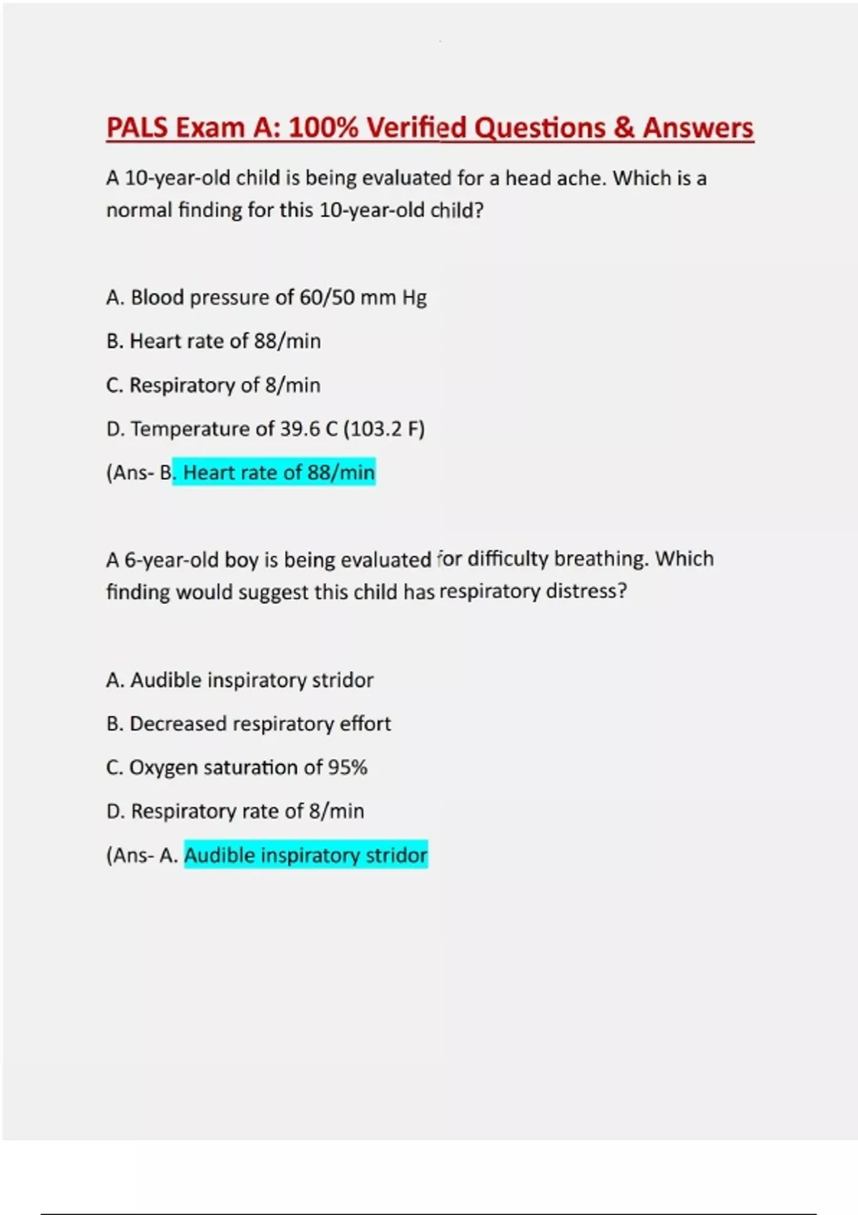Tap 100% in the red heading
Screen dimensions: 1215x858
pyautogui.click(x=320, y=128)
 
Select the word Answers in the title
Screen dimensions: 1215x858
pyautogui.click(x=698, y=128)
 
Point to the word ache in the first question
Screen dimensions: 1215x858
pyautogui.click(x=581, y=178)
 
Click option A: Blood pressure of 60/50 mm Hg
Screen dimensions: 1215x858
pyautogui.click(x=266, y=297)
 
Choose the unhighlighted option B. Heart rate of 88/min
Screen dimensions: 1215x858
pyautogui.click(x=213, y=341)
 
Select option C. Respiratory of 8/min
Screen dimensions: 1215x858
pyautogui.click(x=213, y=385)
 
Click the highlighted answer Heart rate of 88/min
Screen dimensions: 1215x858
pyautogui.click(x=279, y=472)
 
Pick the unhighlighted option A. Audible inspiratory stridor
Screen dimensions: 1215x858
pyautogui.click(x=240, y=680)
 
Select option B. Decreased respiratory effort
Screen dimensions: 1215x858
pyautogui.click(x=248, y=724)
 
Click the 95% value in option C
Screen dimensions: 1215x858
pyautogui.click(x=347, y=768)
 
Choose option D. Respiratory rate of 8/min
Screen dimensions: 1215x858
pyautogui.click(x=235, y=811)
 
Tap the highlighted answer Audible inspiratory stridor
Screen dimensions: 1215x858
pyautogui.click(x=305, y=855)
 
